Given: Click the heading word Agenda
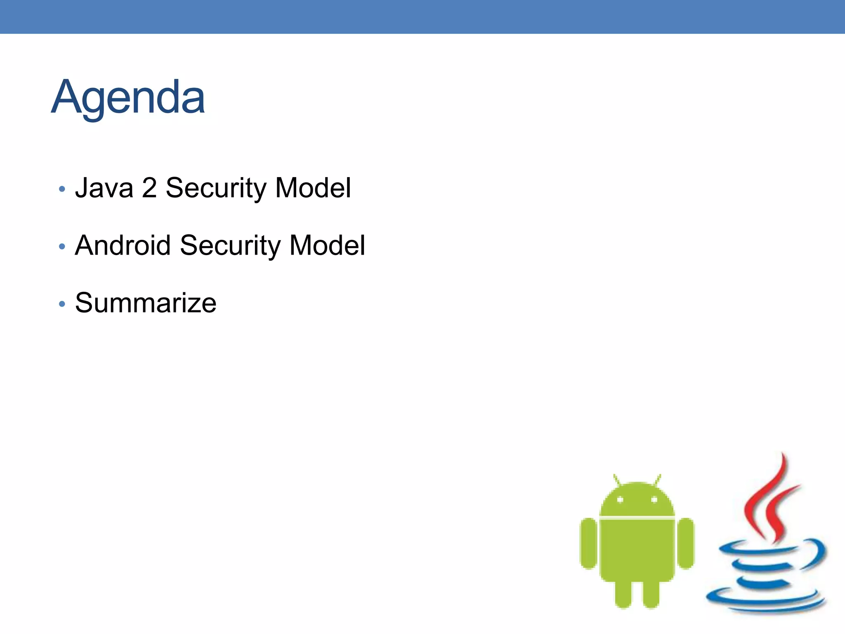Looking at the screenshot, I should [128, 98].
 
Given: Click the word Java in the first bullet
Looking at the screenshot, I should [104, 188].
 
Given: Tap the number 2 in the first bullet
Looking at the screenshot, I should [149, 188].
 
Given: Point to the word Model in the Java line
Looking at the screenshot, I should [313, 188].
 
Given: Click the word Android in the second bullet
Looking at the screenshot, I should [123, 246].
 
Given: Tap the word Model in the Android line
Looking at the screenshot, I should [327, 246].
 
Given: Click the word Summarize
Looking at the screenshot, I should [146, 303].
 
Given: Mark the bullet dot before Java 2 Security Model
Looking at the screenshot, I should [62, 189].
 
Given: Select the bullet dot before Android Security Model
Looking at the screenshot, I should [62, 247].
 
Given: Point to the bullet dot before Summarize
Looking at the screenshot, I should [62, 304].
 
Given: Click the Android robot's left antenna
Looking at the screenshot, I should [617, 480].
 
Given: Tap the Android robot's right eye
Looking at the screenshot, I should [654, 500].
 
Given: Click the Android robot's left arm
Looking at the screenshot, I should [588, 543].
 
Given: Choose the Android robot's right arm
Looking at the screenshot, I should [686, 543].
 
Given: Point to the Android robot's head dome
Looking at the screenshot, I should [637, 499].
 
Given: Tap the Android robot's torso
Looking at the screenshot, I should [637, 549].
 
